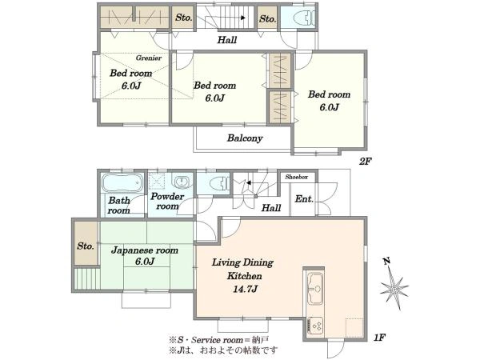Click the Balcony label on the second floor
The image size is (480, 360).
(245, 138)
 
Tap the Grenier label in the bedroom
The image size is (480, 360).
(149, 58)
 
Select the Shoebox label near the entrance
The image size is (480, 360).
(296, 177)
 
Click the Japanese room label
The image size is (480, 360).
(145, 250)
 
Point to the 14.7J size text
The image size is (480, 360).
(245, 289)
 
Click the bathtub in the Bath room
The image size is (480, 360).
(122, 182)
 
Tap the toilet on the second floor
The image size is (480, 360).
(304, 18)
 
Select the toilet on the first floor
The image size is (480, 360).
(219, 184)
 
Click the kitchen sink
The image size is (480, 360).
(315, 289)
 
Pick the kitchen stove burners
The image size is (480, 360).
(315, 325)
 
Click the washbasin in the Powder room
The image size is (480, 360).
(182, 182)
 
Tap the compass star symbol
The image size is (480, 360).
(394, 288)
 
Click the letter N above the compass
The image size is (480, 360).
(386, 261)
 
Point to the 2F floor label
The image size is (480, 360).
(366, 161)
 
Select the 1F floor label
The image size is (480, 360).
(379, 338)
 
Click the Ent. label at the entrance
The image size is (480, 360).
(304, 199)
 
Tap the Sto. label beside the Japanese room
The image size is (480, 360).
(86, 246)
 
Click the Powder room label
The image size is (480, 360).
(167, 201)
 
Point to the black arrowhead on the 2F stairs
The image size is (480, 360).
(243, 18)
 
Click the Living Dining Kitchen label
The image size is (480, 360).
(243, 269)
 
